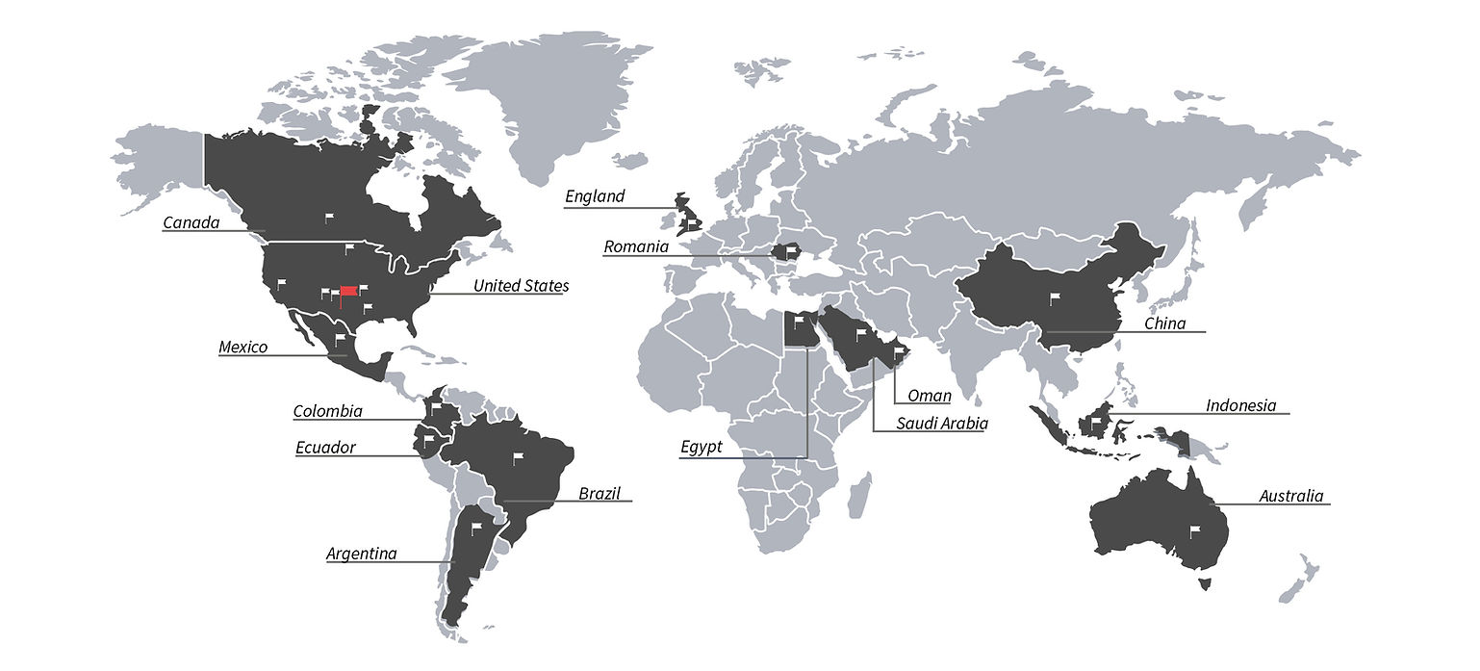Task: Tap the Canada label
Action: coord(191,223)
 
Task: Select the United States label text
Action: coord(520,286)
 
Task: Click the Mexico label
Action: coord(242,348)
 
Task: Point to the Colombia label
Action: coord(327,412)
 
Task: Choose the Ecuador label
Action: coord(325,448)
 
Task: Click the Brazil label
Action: coord(599,494)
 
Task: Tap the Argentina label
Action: coord(361,554)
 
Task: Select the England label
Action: coord(595,196)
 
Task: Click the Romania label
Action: coord(635,247)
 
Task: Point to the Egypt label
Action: coord(701,448)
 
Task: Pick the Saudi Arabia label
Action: coord(942,423)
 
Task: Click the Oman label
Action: coord(930,396)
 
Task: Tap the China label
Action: coord(1164,323)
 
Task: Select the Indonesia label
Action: coord(1240,405)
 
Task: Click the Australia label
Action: coord(1291,497)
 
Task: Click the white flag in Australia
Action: coord(1196,529)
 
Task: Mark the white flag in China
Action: coord(1054,297)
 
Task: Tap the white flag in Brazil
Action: coord(518,457)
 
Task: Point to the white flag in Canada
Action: coord(328,218)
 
